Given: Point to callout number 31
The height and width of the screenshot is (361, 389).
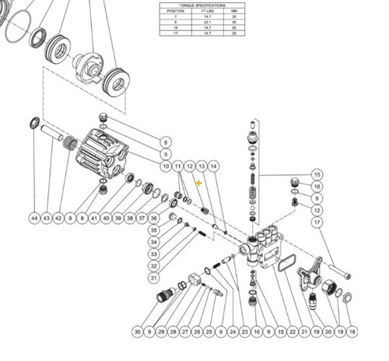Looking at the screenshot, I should [154, 278].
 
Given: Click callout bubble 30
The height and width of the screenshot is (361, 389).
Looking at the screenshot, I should [138, 332].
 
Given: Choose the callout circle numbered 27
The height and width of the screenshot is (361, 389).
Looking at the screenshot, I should [186, 332].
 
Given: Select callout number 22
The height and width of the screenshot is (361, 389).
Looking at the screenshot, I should [292, 332].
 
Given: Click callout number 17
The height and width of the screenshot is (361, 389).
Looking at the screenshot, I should [317, 223].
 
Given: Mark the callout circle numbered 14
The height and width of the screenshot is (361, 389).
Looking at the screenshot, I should [214, 166].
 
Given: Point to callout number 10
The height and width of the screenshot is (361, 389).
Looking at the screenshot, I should [165, 166].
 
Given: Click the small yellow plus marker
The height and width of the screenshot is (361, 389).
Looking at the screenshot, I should [200, 184].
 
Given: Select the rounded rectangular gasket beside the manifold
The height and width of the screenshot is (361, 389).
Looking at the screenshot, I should [286, 261].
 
